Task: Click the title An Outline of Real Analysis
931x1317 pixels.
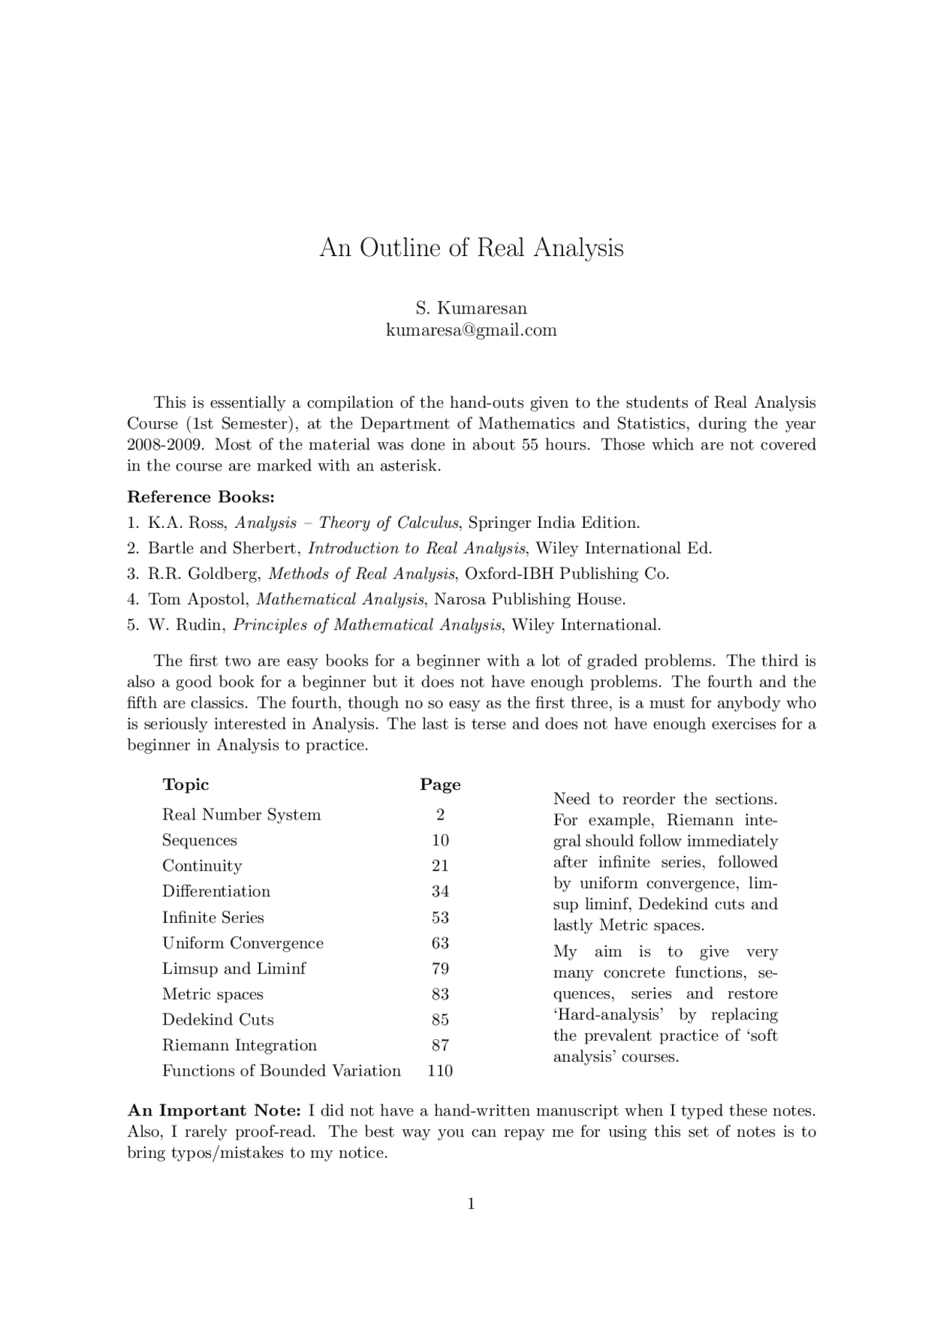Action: pyautogui.click(x=471, y=249)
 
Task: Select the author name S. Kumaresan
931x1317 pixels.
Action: pyautogui.click(x=471, y=308)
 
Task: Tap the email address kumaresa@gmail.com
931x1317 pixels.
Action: pyautogui.click(x=471, y=330)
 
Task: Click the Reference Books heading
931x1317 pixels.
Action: pyautogui.click(x=201, y=497)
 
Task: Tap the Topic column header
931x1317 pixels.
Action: pyautogui.click(x=185, y=785)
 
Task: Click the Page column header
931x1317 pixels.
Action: pyautogui.click(x=440, y=785)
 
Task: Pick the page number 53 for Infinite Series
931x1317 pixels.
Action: pyautogui.click(x=440, y=918)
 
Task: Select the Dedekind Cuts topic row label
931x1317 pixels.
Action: pyautogui.click(x=217, y=1020)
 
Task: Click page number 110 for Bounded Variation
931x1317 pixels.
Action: pyautogui.click(x=440, y=1071)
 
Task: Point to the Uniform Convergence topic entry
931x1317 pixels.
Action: pyautogui.click(x=242, y=943)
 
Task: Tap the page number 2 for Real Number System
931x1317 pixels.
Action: pyautogui.click(x=440, y=815)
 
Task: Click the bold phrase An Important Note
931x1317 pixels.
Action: pyautogui.click(x=214, y=1111)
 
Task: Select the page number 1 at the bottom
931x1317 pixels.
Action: pyautogui.click(x=471, y=1204)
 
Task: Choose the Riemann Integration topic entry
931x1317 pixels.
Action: pyautogui.click(x=239, y=1046)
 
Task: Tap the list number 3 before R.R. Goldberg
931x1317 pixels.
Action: pyautogui.click(x=132, y=574)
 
